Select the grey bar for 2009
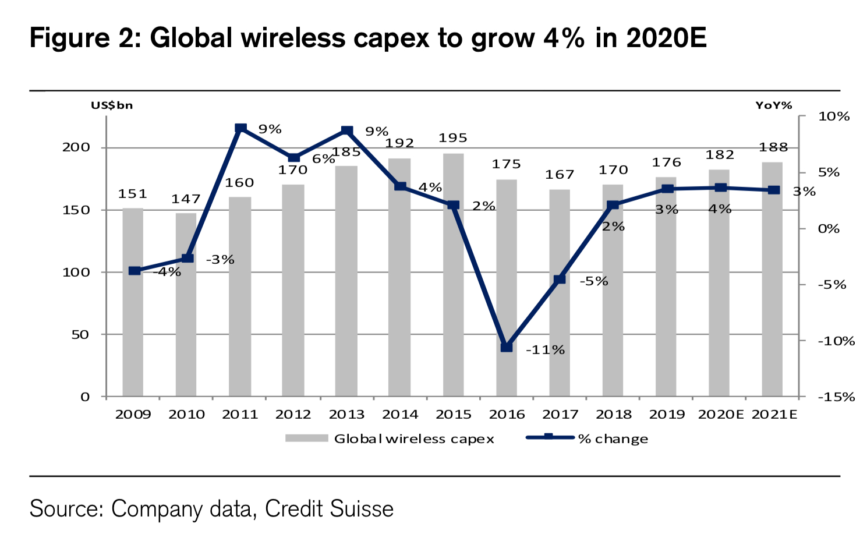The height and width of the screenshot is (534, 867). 133,302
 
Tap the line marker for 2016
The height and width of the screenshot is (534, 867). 507,347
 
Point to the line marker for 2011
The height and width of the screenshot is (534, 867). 240,129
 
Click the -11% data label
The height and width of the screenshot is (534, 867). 545,350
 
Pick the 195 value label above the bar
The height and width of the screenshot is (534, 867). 453,138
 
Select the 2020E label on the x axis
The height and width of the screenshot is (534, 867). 721,415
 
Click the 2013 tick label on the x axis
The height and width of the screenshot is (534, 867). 346,415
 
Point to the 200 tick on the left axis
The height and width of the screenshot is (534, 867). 76,147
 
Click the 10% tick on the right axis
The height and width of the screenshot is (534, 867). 834,116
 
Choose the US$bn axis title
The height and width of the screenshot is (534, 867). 112,105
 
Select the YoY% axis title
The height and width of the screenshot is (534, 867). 774,105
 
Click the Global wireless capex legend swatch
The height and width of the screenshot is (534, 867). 306,438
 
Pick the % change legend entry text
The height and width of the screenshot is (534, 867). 613,439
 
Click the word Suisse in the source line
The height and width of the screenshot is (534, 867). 362,508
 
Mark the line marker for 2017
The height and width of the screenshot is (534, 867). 560,280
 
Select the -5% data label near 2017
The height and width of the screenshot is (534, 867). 594,281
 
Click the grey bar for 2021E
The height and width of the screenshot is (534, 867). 773,280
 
